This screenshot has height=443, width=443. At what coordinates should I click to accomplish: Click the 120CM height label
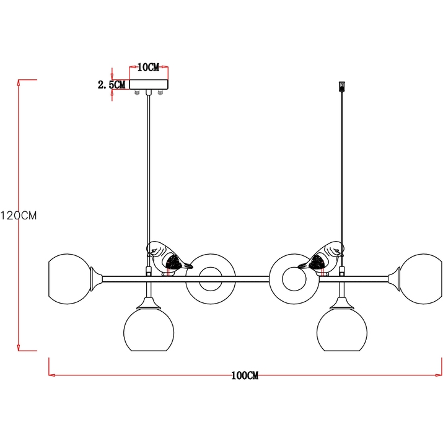click(19, 216)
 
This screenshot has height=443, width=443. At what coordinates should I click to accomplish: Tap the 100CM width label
click(245, 375)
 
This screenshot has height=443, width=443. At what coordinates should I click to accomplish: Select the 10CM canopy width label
click(148, 68)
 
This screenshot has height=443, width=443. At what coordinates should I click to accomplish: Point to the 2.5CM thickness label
click(112, 84)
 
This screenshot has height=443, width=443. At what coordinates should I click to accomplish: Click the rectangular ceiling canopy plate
click(149, 84)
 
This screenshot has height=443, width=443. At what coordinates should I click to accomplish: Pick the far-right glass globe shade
click(421, 279)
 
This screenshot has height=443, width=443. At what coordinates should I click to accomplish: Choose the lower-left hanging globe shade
click(149, 330)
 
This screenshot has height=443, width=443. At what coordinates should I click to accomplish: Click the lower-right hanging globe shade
click(342, 330)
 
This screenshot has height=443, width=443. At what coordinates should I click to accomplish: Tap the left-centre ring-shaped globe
click(211, 279)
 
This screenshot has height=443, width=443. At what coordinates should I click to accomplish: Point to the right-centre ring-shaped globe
click(294, 279)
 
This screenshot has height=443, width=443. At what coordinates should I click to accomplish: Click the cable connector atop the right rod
click(342, 86)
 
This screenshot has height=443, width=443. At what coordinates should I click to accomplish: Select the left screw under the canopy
click(138, 92)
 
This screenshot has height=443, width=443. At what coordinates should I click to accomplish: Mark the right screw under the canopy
click(160, 92)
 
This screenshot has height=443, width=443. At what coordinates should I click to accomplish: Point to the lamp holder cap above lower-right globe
click(342, 303)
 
